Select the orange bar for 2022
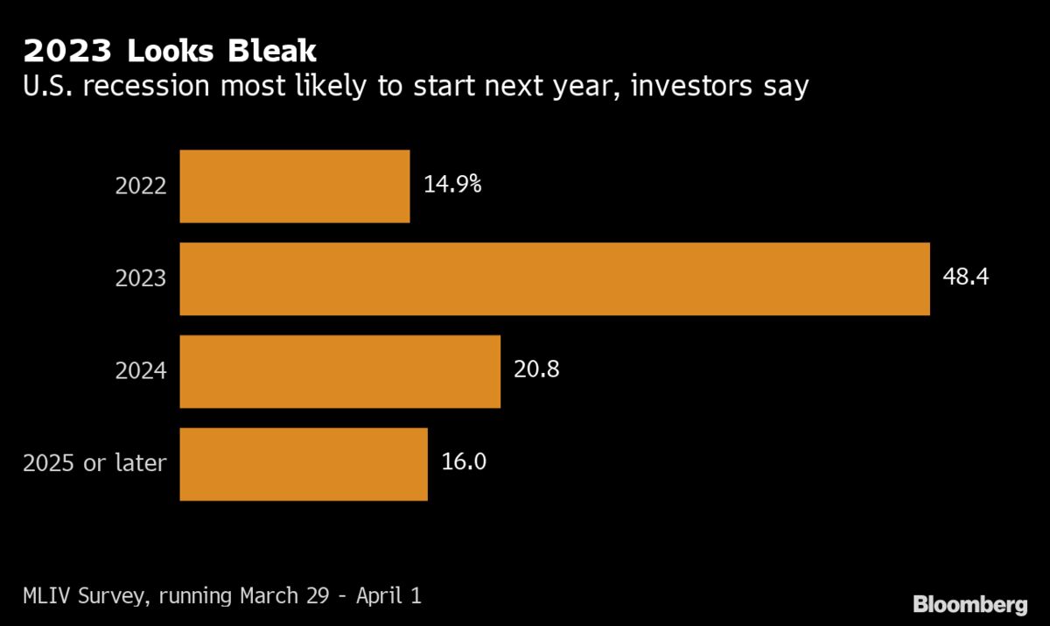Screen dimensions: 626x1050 (294, 186)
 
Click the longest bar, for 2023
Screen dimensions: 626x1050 (554, 278)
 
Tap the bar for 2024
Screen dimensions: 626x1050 (339, 371)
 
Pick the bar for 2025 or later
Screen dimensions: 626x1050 (303, 464)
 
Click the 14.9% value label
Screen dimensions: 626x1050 (452, 185)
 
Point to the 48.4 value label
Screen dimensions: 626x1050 (967, 278)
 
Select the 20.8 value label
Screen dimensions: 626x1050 (536, 370)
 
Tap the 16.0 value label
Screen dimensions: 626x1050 (464, 462)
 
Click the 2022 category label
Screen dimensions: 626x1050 (141, 186)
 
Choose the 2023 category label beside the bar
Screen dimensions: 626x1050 (141, 278)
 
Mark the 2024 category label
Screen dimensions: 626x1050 (141, 371)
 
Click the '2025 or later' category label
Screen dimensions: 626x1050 (94, 463)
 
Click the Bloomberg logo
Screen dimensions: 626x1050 (969, 604)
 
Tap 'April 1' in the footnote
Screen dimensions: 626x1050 (385, 597)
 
